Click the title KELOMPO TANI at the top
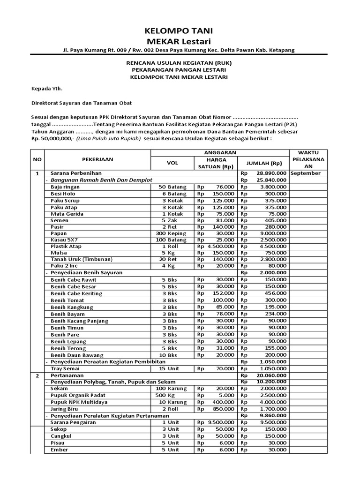point(180,31)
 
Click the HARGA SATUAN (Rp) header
point(215,163)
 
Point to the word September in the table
point(305,173)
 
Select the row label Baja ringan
point(66,187)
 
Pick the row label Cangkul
point(61,436)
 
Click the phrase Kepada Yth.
point(46,88)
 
